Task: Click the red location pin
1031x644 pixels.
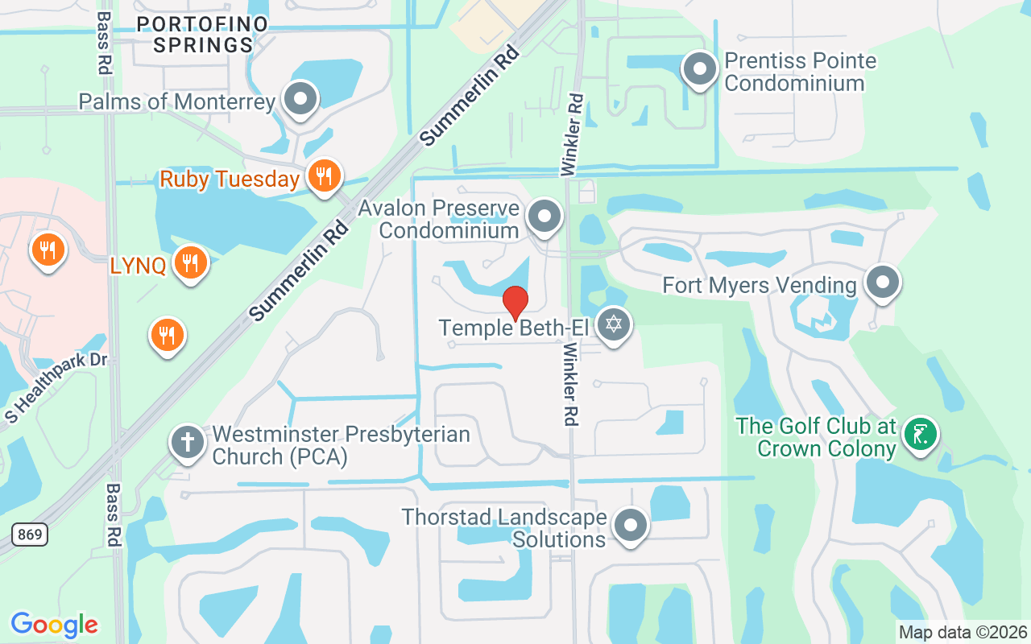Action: (x=515, y=303)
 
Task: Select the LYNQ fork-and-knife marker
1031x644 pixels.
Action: (x=190, y=262)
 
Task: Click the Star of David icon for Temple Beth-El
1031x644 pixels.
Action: (x=615, y=325)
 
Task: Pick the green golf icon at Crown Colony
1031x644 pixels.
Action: (x=920, y=435)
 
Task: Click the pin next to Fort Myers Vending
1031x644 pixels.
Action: (x=883, y=283)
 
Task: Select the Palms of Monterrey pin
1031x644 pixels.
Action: (x=301, y=100)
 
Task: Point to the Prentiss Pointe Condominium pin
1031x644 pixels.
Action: (x=699, y=69)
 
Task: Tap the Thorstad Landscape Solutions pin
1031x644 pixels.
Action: (x=631, y=526)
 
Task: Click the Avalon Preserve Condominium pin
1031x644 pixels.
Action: (x=544, y=216)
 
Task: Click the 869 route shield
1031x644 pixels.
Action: (x=29, y=534)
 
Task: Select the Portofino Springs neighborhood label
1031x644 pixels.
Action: (x=201, y=35)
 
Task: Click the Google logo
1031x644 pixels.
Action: (x=55, y=624)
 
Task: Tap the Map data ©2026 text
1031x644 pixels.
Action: (x=963, y=632)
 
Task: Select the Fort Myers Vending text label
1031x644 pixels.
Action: (x=759, y=285)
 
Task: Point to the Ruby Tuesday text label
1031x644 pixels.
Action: (x=230, y=179)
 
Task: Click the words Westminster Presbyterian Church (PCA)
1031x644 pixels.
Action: (x=340, y=446)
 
